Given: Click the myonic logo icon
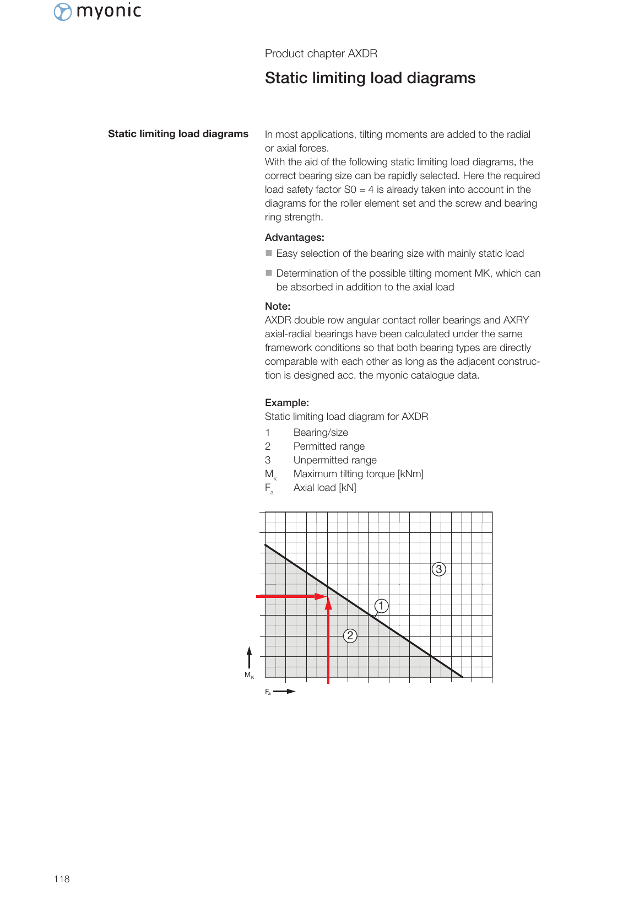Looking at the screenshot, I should point(63,12).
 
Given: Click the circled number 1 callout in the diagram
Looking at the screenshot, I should point(381,606).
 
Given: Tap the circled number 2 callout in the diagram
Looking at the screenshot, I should point(350,635).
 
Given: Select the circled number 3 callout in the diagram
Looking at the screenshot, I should point(438,569).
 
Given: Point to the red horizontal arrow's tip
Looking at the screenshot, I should point(325,596).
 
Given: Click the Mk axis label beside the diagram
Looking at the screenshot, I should point(249,675).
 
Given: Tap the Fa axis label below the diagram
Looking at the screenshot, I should point(268,692).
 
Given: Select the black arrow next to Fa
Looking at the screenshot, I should point(285,691).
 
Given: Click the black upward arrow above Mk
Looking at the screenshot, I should point(249,657).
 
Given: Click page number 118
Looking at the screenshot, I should point(62,879).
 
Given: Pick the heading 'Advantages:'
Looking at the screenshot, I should point(294,238).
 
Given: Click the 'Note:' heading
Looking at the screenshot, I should point(278,306).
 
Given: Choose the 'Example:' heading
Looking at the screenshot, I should point(286,403).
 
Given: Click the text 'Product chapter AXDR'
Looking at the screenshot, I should point(321,53).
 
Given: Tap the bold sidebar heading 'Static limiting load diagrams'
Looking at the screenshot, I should point(178,134).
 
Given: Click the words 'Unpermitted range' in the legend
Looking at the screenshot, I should point(335,460).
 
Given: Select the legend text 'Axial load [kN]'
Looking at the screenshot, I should point(324,488).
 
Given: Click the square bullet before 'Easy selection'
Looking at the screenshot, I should point(269,254).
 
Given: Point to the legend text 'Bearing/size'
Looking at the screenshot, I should point(321,433).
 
